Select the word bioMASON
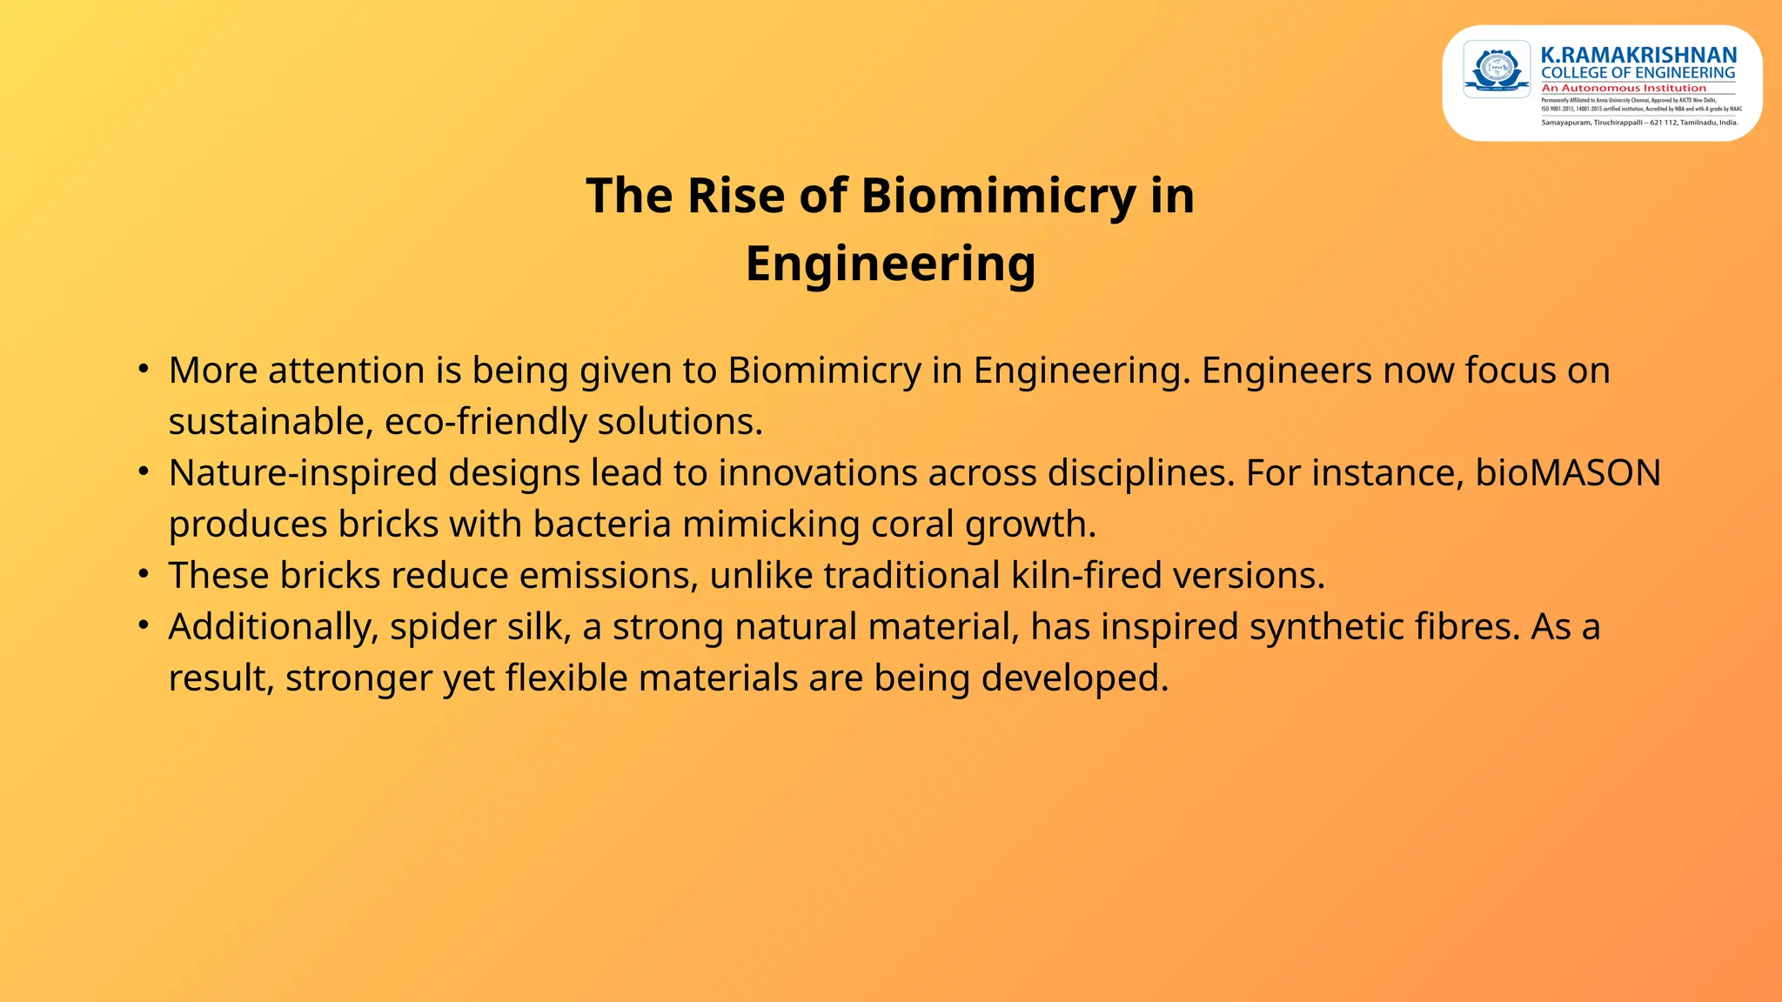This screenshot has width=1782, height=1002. point(1568,473)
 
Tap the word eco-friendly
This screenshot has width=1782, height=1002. point(486,422)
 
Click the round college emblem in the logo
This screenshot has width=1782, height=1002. point(1497,69)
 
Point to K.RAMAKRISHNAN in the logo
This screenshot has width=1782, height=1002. point(1638,56)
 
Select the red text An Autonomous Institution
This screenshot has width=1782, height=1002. point(1624,88)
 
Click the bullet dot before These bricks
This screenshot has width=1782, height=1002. point(144,574)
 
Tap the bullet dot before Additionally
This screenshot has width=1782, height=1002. point(144,625)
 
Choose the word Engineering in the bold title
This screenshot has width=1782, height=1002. point(890,264)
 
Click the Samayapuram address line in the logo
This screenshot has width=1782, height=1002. point(1639,123)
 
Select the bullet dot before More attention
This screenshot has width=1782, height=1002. point(144,369)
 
